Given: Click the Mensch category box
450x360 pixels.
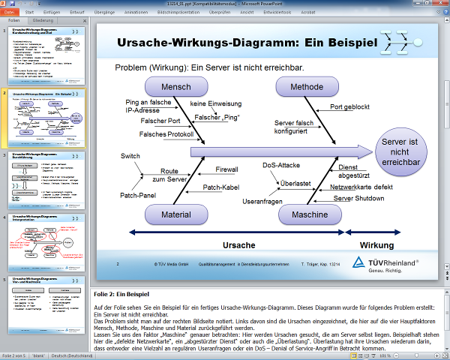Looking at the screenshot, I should [176, 88].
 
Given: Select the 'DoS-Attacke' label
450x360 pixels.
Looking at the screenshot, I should [281, 165].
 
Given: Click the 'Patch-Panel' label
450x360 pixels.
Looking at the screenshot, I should [136, 196].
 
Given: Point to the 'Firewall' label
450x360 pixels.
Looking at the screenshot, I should [226, 169].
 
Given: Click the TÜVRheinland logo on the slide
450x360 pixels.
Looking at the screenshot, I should [390, 268].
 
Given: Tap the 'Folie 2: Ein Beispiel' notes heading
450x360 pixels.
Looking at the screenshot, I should [121, 295].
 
